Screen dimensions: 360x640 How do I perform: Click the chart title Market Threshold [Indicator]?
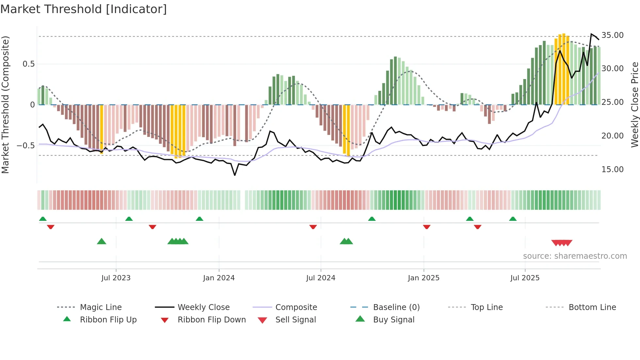pyautogui.click(x=84, y=9)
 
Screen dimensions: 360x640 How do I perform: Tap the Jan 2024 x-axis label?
pyautogui.click(x=219, y=278)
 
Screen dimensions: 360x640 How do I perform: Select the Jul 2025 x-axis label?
pyautogui.click(x=525, y=278)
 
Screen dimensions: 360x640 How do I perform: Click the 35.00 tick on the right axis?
pyautogui.click(x=612, y=35)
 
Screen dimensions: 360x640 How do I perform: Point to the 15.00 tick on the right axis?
pyautogui.click(x=612, y=170)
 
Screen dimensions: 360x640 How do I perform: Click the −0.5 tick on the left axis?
pyautogui.click(x=25, y=146)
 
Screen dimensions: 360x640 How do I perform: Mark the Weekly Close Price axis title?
pyautogui.click(x=634, y=105)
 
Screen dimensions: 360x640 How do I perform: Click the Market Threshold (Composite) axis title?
pyautogui.click(x=5, y=105)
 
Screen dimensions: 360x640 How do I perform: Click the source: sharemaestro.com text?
pyautogui.click(x=575, y=256)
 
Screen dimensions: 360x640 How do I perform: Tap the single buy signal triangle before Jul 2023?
pyautogui.click(x=102, y=241)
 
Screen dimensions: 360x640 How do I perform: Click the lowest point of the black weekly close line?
pyautogui.click(x=235, y=175)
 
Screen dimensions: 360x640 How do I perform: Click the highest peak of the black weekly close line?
pyautogui.click(x=591, y=34)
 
